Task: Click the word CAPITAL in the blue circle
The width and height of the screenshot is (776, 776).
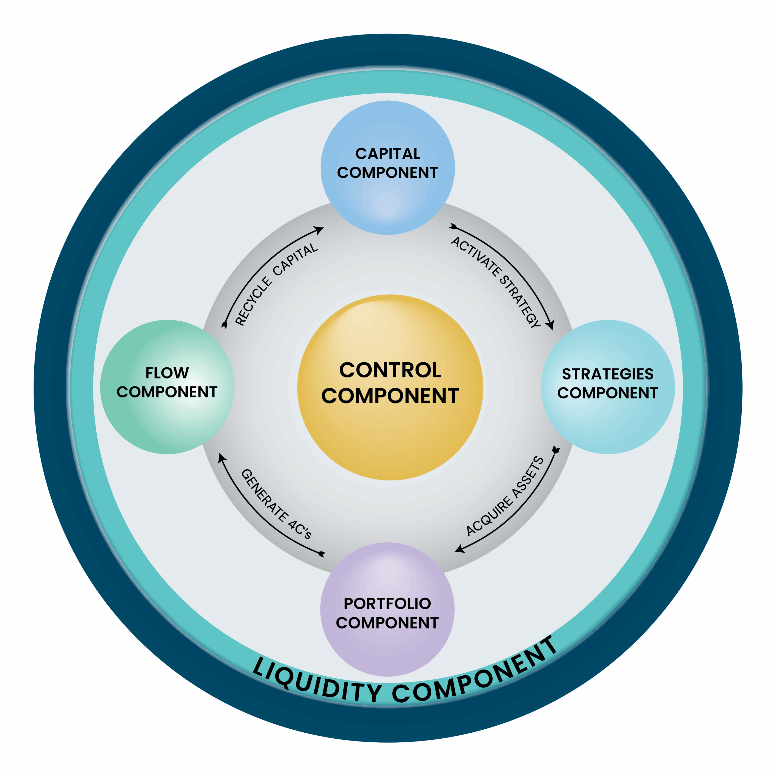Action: coord(388,153)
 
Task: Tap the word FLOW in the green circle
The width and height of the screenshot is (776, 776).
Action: coord(167,373)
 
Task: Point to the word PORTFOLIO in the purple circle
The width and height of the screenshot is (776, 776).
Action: coord(387,603)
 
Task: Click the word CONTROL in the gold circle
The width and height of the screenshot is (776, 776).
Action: coord(390,370)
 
